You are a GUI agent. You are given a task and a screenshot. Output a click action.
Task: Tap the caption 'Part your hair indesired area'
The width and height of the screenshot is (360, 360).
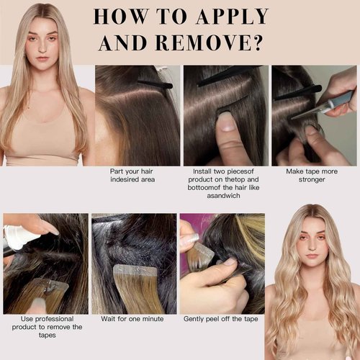pos(138,175)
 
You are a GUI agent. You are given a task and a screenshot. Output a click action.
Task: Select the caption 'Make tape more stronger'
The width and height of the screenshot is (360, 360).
pos(314,175)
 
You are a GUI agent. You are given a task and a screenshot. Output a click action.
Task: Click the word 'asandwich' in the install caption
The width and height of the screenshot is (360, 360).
pos(226,195)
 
